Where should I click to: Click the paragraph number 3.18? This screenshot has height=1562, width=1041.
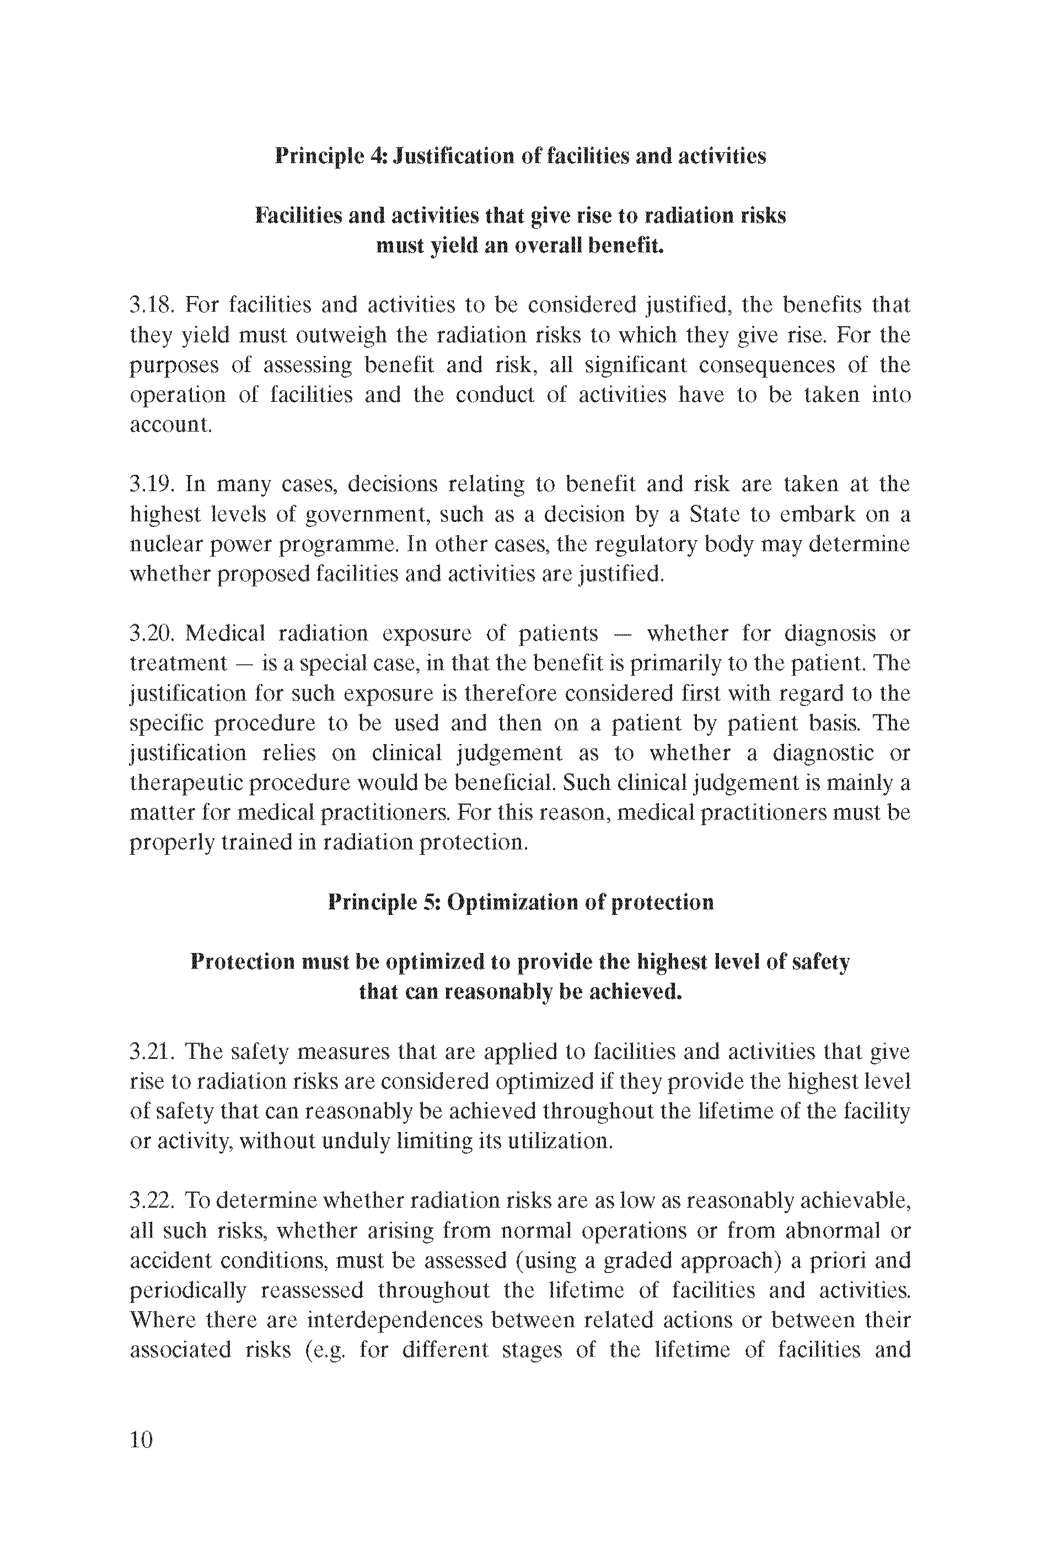click(152, 305)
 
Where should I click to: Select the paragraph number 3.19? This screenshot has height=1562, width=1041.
click(152, 484)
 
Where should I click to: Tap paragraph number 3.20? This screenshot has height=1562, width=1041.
click(152, 634)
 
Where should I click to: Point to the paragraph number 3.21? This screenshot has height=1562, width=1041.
click(152, 1052)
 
